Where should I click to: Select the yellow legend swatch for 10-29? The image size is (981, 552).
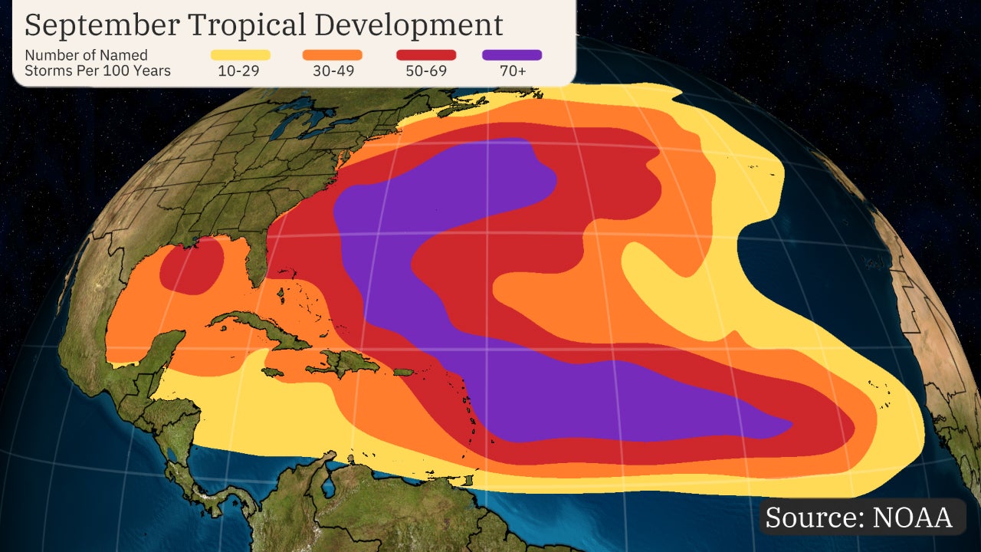click(241, 55)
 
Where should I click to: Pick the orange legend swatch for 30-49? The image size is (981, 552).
click(332, 55)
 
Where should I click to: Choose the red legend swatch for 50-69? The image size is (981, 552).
click(426, 55)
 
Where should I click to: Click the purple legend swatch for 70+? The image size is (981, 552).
click(512, 55)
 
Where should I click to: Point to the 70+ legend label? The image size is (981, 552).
click(512, 71)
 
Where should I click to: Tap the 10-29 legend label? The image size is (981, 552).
click(241, 71)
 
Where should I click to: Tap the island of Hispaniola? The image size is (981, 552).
click(349, 362)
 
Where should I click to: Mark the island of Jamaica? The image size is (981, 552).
click(272, 372)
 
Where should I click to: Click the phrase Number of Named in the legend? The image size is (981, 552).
click(86, 55)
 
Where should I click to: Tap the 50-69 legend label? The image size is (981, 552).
click(426, 71)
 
